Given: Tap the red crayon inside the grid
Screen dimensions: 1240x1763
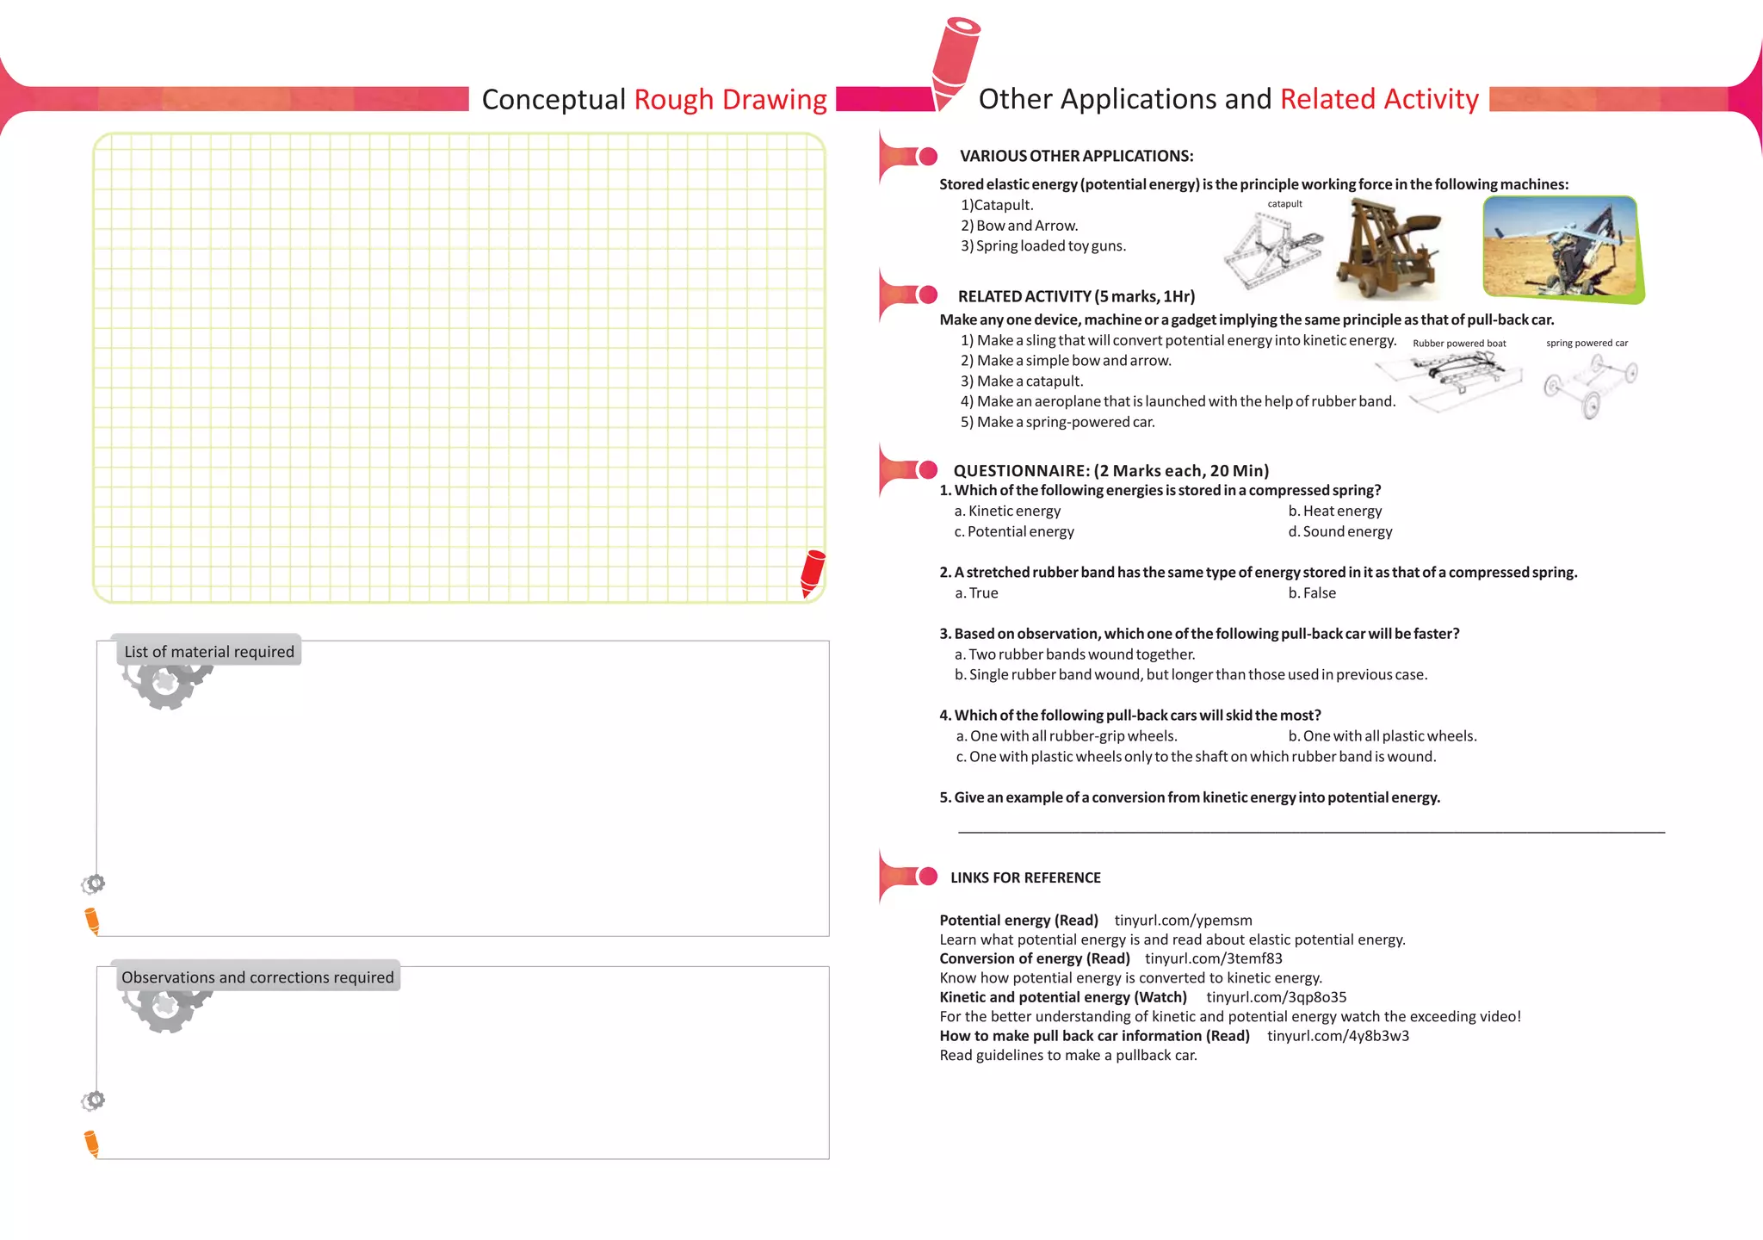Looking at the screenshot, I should (812, 573).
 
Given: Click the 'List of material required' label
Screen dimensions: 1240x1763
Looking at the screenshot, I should (209, 652).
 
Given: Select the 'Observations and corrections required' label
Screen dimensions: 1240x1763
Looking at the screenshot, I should (257, 977).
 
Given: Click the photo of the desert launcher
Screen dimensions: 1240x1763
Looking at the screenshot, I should (1562, 249).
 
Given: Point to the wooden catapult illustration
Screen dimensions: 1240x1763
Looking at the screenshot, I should (1389, 248).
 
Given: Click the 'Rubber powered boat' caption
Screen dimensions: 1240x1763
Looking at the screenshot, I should (1459, 344).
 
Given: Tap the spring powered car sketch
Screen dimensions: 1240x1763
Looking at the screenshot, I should (1589, 385).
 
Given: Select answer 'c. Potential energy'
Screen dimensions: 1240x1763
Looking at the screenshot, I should (1014, 532).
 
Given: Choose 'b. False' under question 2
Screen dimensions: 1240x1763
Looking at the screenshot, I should (1312, 593).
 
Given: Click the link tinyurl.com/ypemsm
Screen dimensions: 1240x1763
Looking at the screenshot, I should (1183, 921).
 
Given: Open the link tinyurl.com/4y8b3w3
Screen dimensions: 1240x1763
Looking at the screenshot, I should (1338, 1036).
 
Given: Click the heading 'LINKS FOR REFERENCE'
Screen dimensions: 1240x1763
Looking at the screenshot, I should (1025, 877).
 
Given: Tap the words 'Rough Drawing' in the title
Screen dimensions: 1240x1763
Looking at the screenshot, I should (730, 100).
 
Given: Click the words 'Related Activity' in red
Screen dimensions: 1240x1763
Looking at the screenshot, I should (1379, 100).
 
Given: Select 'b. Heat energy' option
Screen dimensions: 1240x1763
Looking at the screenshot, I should (1335, 512).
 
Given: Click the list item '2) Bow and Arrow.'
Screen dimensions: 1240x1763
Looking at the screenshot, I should (1019, 226).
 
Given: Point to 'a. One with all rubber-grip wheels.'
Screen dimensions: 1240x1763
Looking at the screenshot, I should (1067, 736).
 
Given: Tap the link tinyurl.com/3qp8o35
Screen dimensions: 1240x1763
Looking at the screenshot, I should (1276, 997).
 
